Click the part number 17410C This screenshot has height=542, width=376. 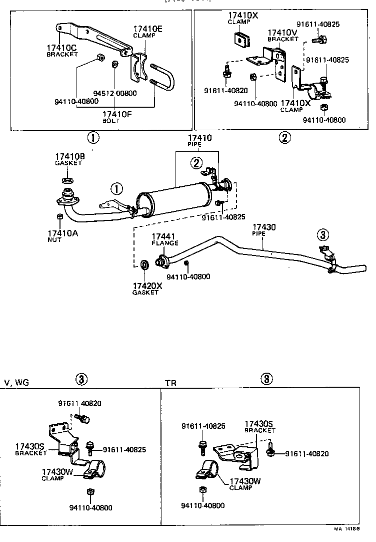pos(61,48)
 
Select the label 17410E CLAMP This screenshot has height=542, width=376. pos(147,31)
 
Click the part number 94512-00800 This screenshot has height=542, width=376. pos(115,93)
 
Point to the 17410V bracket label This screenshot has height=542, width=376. pos(283,35)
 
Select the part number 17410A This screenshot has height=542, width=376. pos(63,233)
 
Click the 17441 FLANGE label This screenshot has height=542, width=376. pos(165,239)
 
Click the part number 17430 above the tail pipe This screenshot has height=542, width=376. pos(264,227)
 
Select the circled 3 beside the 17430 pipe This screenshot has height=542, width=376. pos(322,235)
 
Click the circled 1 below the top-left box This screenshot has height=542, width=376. pos(93,138)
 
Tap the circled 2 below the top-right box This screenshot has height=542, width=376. pos(284,138)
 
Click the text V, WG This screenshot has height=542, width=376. pos(16,382)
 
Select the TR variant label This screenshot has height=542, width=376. pos(171,383)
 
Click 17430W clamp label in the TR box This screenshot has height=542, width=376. pos(245,484)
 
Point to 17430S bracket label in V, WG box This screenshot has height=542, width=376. pos(31,449)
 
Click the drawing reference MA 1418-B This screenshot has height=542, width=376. pos(346,528)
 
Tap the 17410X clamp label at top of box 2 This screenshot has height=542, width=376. pos(243,18)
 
